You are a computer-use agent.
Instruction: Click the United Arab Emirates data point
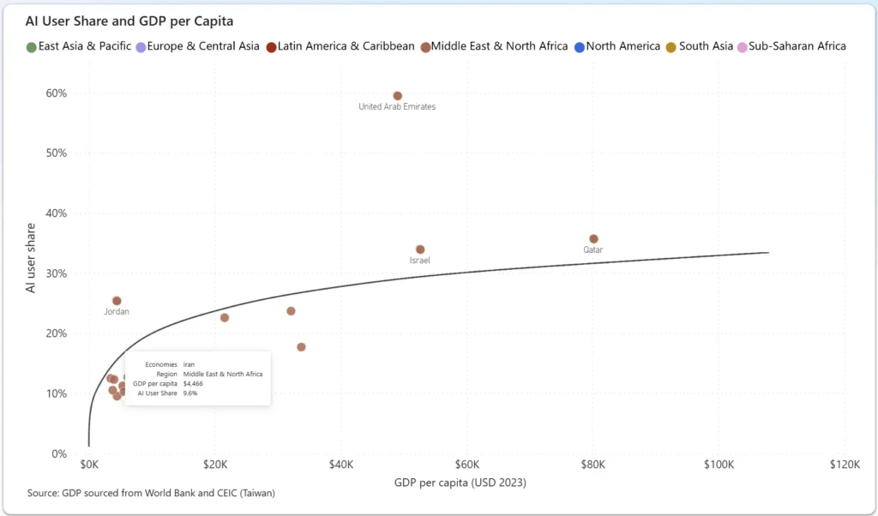tap(397, 96)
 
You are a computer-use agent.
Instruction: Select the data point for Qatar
tap(593, 239)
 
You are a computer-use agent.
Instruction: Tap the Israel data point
tap(420, 249)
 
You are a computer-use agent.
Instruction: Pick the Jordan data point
tap(117, 301)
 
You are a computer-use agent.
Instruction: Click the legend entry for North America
tap(622, 46)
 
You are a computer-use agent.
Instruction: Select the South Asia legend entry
tap(705, 46)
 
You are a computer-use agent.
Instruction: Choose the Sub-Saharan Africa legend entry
tap(797, 46)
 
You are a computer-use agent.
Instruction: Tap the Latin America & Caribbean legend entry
tap(346, 46)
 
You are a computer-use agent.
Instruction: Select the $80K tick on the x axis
tap(593, 464)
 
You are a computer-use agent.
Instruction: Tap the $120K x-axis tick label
tap(845, 464)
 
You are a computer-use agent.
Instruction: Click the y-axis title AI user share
tap(32, 258)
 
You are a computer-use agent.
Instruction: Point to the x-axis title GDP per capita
tap(460, 483)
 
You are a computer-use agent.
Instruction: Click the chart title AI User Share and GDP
tap(129, 20)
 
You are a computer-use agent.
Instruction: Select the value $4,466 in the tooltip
tap(194, 383)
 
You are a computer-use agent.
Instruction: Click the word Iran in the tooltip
tap(189, 364)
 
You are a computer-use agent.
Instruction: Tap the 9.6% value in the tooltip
tap(190, 393)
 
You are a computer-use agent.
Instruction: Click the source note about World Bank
tap(152, 493)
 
